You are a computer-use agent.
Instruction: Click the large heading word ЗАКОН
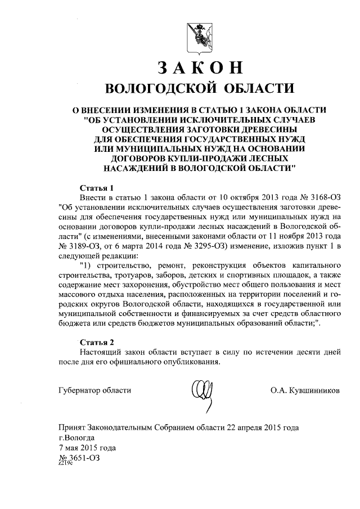point(200,67)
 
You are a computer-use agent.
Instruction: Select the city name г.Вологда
point(77,437)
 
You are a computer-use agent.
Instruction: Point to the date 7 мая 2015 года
point(87,448)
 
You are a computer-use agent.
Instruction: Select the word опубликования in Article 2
point(184,362)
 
